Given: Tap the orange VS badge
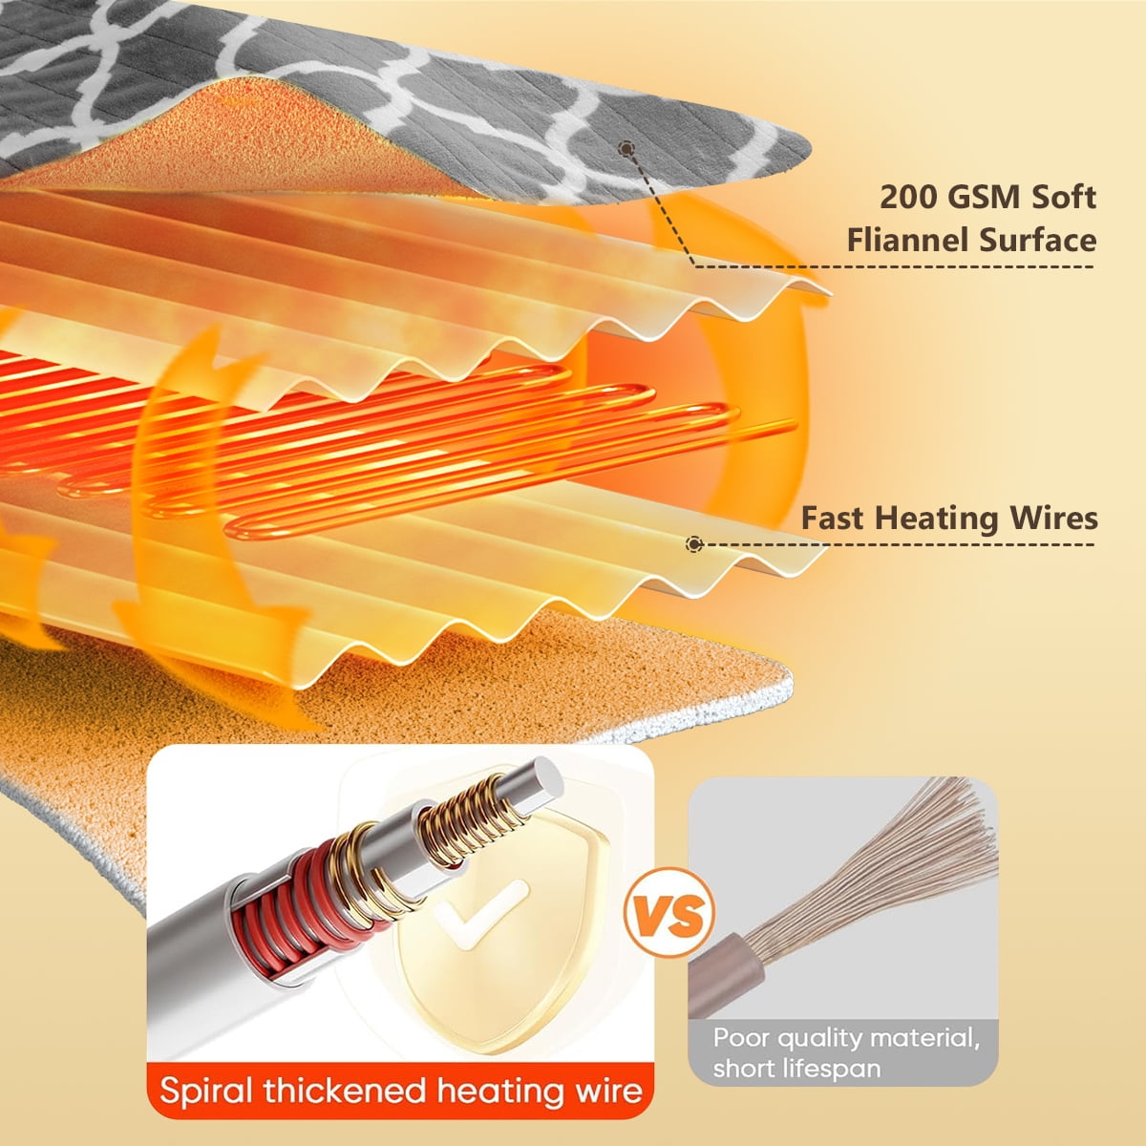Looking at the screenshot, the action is click(668, 912).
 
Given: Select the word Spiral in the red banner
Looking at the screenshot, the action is click(207, 1092).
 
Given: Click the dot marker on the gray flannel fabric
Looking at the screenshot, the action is click(626, 149).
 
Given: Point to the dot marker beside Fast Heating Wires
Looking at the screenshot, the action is click(694, 543).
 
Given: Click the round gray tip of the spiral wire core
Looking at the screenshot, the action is click(543, 778).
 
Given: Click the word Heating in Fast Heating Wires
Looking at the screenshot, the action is click(937, 520).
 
